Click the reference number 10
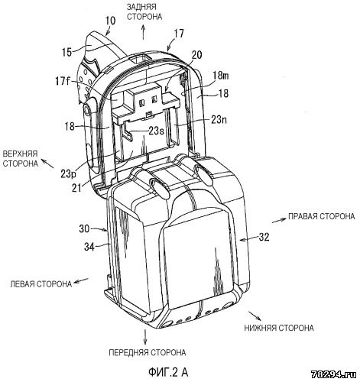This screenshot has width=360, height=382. click(x=110, y=21)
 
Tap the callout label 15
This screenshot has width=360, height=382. click(x=66, y=52)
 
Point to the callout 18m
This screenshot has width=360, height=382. click(x=221, y=76)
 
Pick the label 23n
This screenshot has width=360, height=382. click(x=218, y=119)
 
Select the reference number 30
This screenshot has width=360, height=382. click(x=84, y=228)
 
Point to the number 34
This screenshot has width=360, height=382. click(x=89, y=247)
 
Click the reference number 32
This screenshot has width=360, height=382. click(x=264, y=238)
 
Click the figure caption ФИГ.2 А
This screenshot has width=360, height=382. click(x=168, y=372)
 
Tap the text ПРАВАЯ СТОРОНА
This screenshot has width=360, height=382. click(x=321, y=216)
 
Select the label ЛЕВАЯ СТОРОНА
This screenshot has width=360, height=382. click(x=41, y=283)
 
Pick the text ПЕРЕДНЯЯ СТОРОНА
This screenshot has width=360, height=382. click(x=148, y=352)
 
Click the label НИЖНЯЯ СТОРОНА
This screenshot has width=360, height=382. click(x=279, y=328)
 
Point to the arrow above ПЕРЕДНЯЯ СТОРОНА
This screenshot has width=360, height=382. click(x=145, y=337)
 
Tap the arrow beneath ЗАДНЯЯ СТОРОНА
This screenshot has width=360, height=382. click(x=143, y=32)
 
